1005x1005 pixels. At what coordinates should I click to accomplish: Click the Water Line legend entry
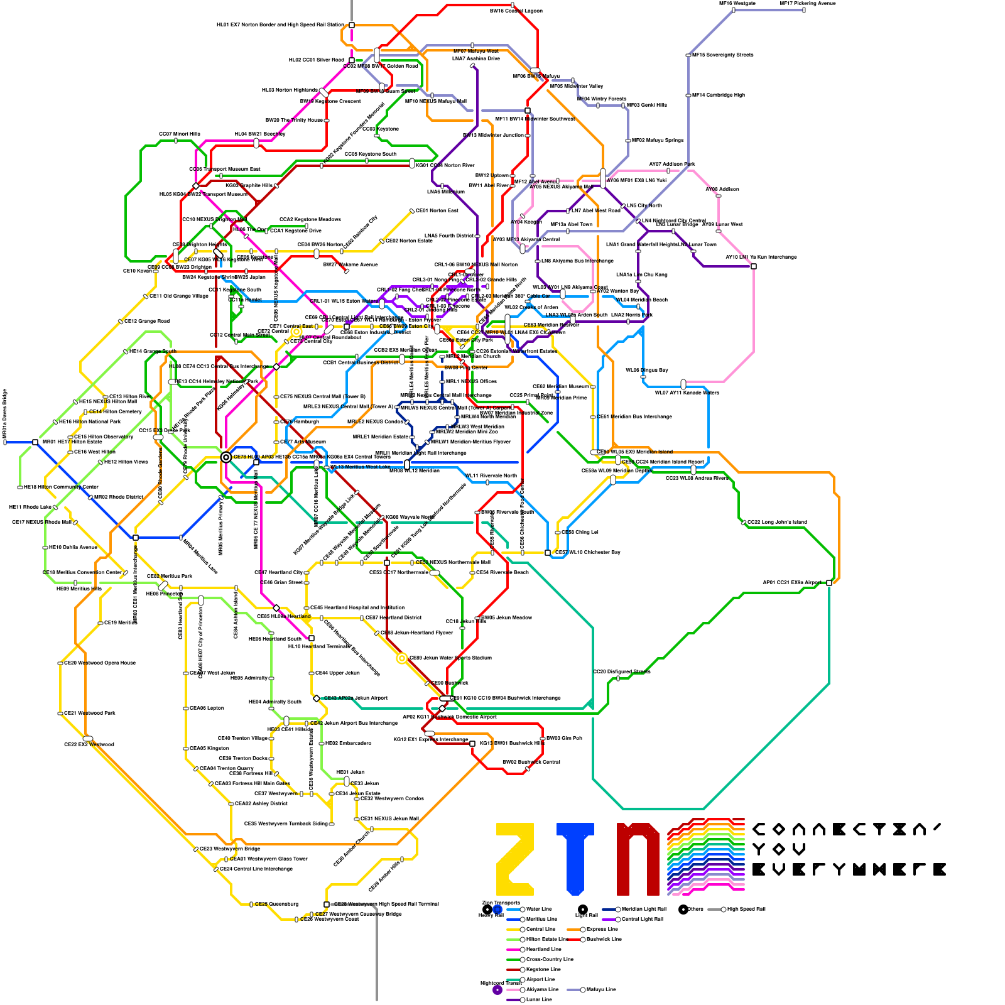click(x=538, y=909)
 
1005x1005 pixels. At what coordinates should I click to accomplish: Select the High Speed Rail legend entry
click(x=746, y=909)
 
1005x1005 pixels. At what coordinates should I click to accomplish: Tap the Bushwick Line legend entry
click(x=604, y=939)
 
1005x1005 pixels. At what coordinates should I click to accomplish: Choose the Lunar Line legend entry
click(x=538, y=999)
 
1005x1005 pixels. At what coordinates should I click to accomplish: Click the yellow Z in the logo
click(x=515, y=859)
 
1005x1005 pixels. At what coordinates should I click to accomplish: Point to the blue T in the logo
click(x=575, y=859)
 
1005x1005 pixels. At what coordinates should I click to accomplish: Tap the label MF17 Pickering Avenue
click(x=807, y=4)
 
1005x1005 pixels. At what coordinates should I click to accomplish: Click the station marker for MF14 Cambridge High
click(x=688, y=95)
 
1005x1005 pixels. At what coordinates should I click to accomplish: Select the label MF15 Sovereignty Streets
click(x=722, y=55)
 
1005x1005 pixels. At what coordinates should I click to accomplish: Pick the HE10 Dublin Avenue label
click(x=73, y=548)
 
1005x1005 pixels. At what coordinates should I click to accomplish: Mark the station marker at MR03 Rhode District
click(x=90, y=497)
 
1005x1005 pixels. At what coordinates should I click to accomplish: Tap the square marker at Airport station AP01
click(x=829, y=583)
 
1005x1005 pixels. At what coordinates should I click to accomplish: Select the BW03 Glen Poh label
click(x=564, y=739)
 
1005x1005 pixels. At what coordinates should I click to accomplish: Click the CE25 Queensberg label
click(x=276, y=905)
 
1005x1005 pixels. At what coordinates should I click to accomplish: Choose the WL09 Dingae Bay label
click(x=646, y=371)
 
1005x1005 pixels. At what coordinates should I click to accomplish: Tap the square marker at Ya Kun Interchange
click(x=754, y=266)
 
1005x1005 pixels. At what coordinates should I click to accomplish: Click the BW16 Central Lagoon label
click(x=516, y=11)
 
